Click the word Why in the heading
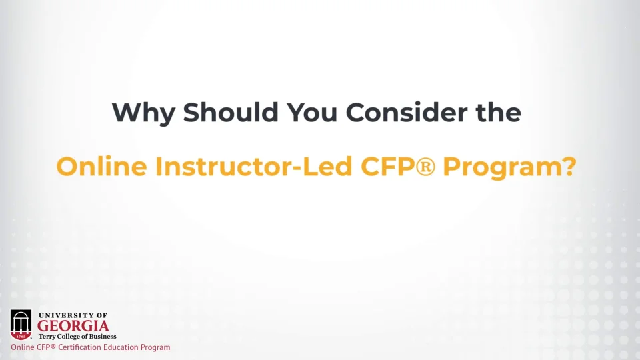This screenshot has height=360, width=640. click(143, 113)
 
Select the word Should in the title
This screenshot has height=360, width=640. click(231, 112)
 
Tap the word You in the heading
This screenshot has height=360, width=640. click(312, 112)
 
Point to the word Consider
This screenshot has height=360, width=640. click(407, 112)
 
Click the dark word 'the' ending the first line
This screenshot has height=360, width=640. click(499, 112)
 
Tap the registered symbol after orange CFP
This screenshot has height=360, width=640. click(425, 167)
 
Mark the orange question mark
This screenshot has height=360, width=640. click(568, 166)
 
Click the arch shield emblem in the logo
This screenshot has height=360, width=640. click(21, 325)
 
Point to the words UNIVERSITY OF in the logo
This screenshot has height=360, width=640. click(73, 315)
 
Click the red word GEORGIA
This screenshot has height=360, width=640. click(73, 326)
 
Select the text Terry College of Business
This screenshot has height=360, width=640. click(77, 336)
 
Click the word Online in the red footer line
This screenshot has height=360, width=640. click(23, 347)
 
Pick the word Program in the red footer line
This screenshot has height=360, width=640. click(155, 348)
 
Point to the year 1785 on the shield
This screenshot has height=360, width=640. click(21, 336)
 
